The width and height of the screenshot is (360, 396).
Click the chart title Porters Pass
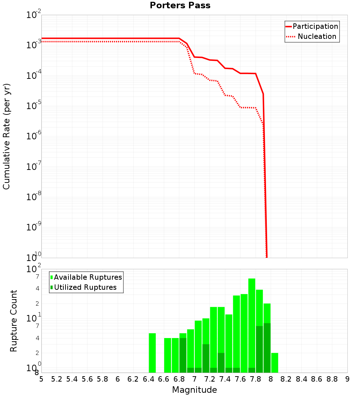coord(180,5)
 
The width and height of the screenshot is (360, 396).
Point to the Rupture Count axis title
coord(14,320)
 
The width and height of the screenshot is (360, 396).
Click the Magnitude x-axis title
coord(194,390)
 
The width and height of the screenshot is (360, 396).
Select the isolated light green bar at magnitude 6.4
coord(152,353)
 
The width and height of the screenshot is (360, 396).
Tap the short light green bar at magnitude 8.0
coord(275,363)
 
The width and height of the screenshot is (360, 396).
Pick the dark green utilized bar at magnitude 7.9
coord(267,348)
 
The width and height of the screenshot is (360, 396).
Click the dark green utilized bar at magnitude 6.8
coord(183,355)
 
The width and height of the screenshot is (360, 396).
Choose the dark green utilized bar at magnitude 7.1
coord(206,358)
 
